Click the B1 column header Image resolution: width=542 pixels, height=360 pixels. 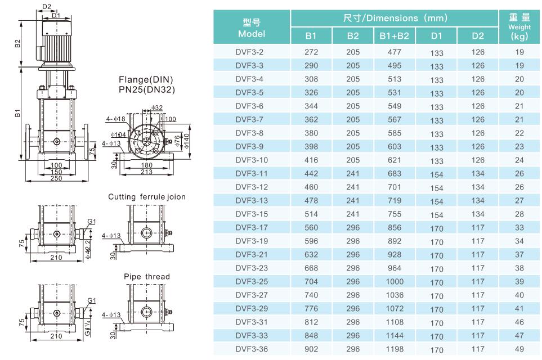click(x=311, y=37)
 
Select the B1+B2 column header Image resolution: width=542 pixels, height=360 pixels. click(x=394, y=37)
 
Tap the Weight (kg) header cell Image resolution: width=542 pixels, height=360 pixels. click(x=519, y=27)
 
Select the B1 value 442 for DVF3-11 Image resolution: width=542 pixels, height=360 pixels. click(x=311, y=174)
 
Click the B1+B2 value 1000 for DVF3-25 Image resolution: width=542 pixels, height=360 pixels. click(x=394, y=282)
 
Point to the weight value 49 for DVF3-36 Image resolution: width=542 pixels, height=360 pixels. click(x=519, y=349)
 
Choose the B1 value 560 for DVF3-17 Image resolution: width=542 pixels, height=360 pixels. click(x=311, y=228)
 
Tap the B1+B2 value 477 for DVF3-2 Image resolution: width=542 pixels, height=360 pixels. click(x=394, y=52)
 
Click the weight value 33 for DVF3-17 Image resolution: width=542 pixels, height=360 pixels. click(x=519, y=228)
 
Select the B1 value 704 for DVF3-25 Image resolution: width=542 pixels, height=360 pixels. click(x=311, y=282)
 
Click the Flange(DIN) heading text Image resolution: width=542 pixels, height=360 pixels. click(x=146, y=79)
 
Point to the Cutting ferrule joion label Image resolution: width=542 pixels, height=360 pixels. click(x=147, y=197)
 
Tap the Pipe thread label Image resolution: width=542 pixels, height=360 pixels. click(x=147, y=277)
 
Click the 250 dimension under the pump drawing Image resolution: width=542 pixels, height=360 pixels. click(x=56, y=178)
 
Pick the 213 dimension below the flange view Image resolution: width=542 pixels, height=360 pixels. click(x=146, y=172)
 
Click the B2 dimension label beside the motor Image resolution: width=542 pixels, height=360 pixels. click(x=17, y=43)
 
